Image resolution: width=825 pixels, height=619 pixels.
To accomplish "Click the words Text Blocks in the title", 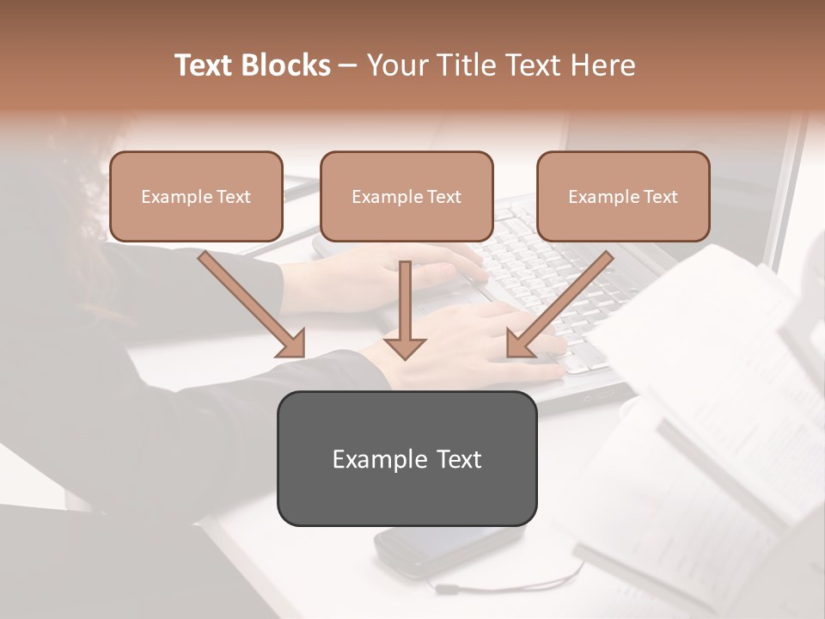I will click(252, 65).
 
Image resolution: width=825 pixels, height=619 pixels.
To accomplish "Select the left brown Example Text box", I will click(196, 196).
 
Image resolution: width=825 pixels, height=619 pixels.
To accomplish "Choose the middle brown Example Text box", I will click(406, 196).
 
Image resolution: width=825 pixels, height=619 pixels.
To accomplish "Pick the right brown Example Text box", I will click(623, 196).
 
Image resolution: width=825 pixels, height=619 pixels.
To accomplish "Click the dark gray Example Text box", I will click(406, 458).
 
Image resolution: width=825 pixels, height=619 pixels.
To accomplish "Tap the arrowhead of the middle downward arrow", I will click(405, 347).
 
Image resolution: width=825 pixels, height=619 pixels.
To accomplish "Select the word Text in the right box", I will click(661, 196).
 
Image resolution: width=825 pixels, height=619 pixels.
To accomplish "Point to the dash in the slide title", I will click(348, 66).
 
